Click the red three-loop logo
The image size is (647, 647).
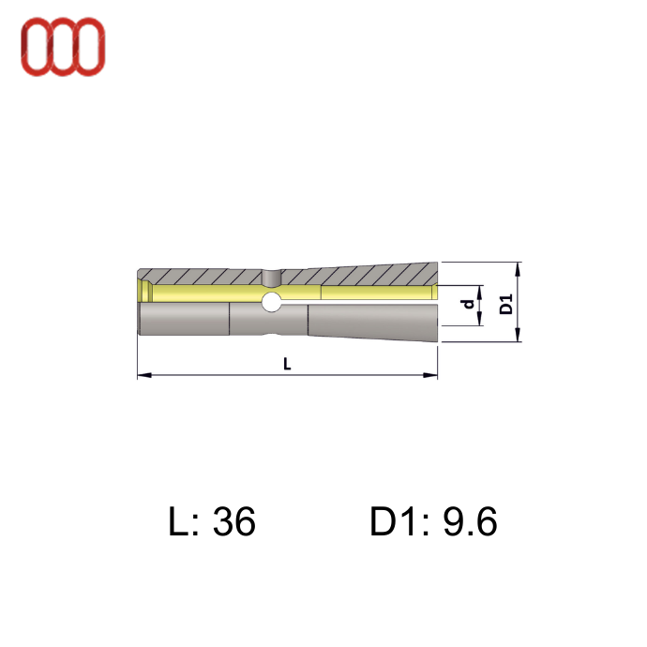[63, 47]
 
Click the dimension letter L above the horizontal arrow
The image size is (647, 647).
[287, 364]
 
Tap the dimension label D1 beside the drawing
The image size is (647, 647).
[506, 304]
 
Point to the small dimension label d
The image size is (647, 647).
[468, 304]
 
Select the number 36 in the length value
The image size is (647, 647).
[234, 521]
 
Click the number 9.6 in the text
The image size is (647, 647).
[470, 521]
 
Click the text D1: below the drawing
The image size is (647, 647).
[399, 521]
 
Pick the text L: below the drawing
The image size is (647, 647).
[184, 521]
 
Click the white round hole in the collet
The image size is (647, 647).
[272, 301]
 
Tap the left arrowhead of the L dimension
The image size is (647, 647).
[144, 375]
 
